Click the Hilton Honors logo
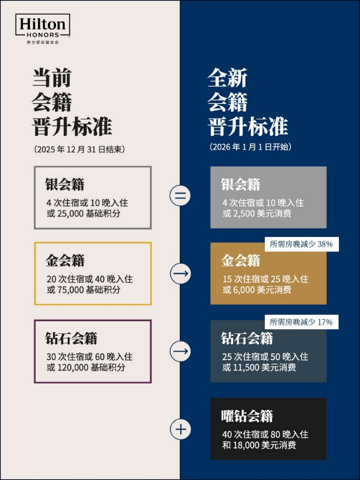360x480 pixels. coord(43,28)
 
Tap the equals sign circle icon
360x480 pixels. coord(180,196)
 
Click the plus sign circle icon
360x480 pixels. coord(180,429)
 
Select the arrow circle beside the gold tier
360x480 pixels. coord(180,274)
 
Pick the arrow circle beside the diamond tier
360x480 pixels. coord(180,351)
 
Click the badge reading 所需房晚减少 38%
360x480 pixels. coord(301,244)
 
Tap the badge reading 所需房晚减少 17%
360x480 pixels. coord(301,322)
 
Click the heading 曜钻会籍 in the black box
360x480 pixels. coord(247,416)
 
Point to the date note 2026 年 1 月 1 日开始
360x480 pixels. coord(250,147)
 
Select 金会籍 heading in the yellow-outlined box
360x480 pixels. coord(65,260)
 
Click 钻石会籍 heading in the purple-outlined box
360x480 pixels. coord(71,338)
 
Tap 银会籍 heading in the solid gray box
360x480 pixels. coord(240,184)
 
